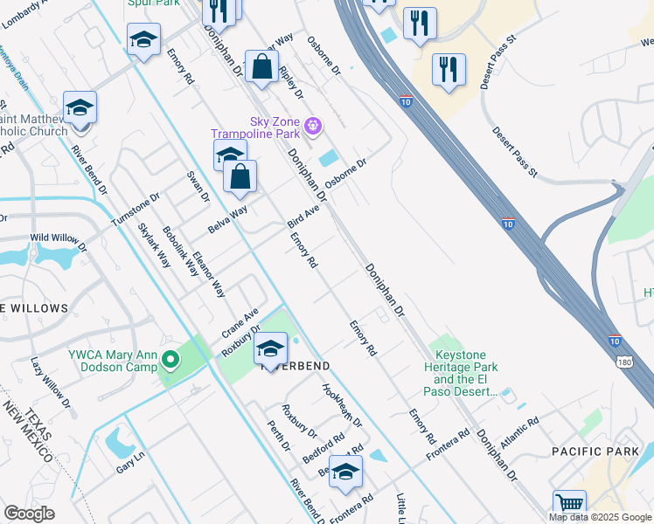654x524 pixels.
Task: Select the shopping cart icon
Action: click(x=569, y=505)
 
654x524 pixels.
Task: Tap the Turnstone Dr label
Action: click(x=136, y=210)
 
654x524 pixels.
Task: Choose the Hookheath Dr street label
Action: click(x=342, y=405)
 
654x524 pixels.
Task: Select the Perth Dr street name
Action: click(x=280, y=434)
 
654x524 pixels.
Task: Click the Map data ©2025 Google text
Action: click(x=601, y=517)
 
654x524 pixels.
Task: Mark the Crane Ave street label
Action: click(x=240, y=323)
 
